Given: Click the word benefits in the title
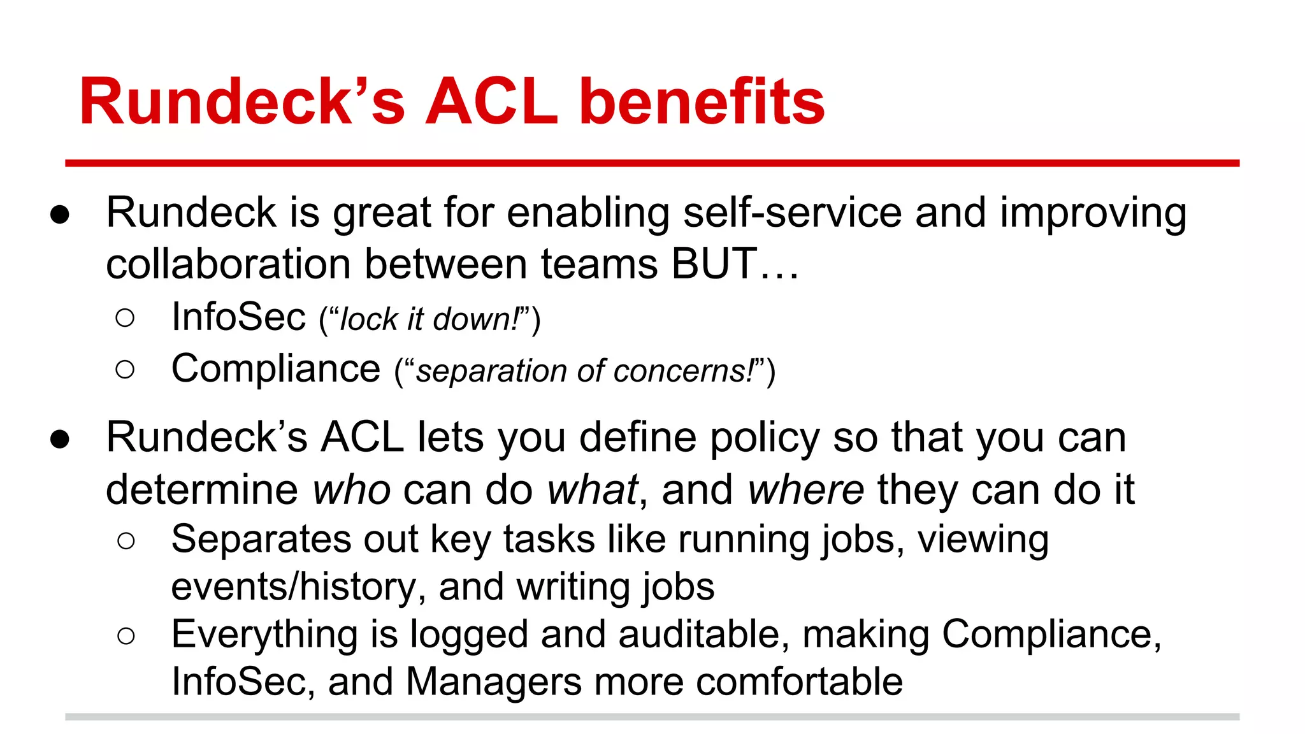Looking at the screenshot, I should [x=702, y=102].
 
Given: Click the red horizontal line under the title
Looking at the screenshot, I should [x=652, y=164].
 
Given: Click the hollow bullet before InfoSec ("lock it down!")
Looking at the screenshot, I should [x=126, y=318].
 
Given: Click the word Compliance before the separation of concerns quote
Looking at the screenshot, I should [x=275, y=369].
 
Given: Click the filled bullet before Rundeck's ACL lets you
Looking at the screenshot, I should [x=60, y=439].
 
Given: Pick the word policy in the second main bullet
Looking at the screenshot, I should [x=764, y=438].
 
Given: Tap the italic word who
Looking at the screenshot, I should [x=351, y=490].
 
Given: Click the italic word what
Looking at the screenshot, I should [x=592, y=490].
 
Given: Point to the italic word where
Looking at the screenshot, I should [x=805, y=490].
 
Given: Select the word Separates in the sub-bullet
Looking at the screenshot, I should [x=261, y=540].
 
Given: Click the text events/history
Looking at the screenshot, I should [x=294, y=587].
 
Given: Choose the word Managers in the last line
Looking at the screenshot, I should [x=493, y=682].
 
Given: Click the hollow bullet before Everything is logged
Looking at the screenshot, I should [x=126, y=635].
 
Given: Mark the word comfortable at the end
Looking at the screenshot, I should [x=799, y=682].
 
